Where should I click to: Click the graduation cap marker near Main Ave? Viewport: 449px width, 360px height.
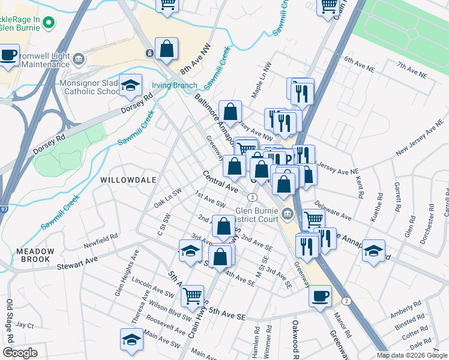click(132, 339)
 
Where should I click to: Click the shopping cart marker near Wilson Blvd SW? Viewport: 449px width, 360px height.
click(192, 295)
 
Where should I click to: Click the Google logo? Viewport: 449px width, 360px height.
click(20, 353)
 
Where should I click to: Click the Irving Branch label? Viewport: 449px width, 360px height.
click(173, 85)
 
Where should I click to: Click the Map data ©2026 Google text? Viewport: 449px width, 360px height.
click(411, 355)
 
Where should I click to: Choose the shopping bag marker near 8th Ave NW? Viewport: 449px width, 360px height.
click(167, 49)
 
